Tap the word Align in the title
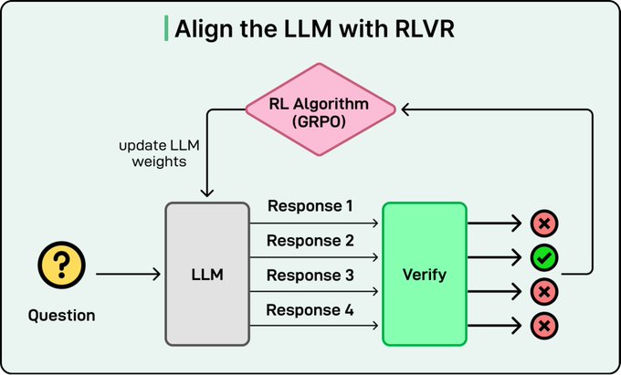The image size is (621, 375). pyautogui.click(x=202, y=29)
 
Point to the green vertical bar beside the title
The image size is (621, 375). pyautogui.click(x=165, y=29)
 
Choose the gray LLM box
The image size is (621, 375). pyautogui.click(x=206, y=274)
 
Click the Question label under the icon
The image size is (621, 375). pyautogui.click(x=60, y=316)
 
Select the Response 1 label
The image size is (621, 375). pyautogui.click(x=310, y=206)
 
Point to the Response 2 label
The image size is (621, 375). pyautogui.click(x=310, y=240)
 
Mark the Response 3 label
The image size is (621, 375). pyautogui.click(x=310, y=276)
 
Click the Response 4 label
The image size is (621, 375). pyautogui.click(x=310, y=310)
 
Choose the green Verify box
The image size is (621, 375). pyautogui.click(x=424, y=274)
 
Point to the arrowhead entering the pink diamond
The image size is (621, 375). pyautogui.click(x=405, y=109)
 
